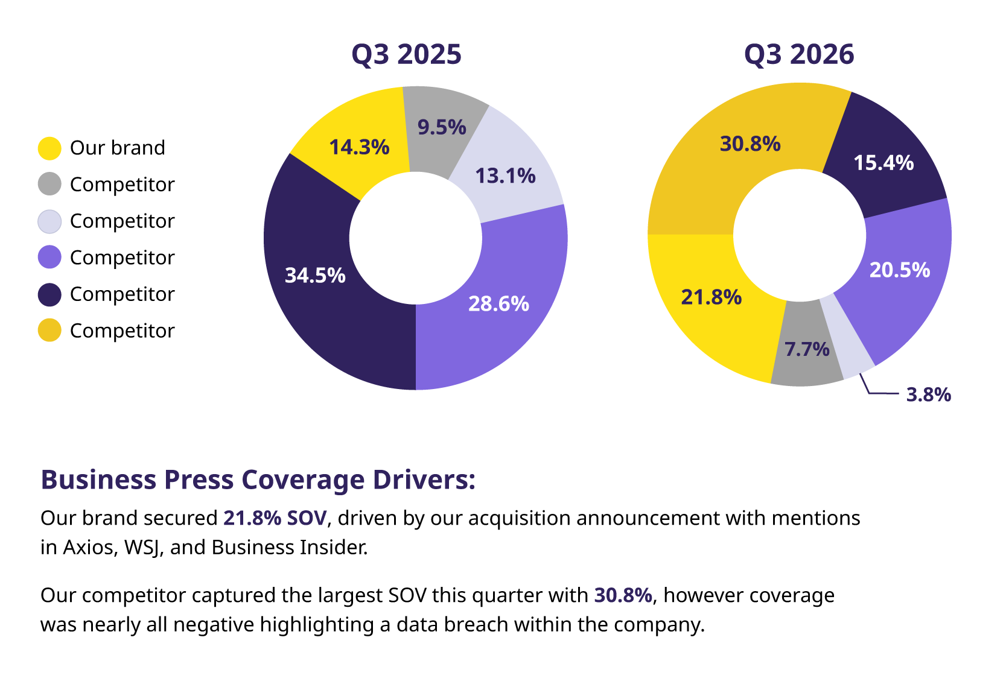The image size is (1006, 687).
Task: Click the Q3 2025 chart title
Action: pos(406,54)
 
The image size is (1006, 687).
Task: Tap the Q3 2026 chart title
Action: pos(798,54)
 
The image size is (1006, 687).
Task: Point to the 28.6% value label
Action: pos(498,303)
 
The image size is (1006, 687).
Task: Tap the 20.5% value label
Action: pos(899,270)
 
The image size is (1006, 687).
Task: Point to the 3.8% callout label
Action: pos(928,394)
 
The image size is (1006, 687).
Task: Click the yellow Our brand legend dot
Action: pos(49,148)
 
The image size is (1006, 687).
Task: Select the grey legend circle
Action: pos(49,184)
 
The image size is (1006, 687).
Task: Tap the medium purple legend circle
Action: pos(49,257)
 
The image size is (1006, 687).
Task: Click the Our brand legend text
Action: pos(117,148)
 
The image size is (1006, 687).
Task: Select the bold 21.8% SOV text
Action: pos(275,518)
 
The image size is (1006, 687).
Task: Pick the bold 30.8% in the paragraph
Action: pos(623,595)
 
